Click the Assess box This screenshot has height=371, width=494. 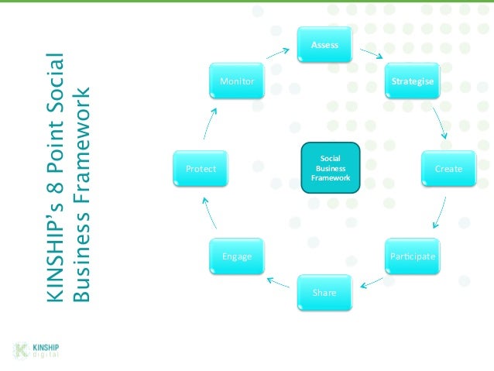[x=324, y=45]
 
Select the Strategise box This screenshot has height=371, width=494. [x=412, y=81]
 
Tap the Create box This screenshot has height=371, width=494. [x=448, y=168]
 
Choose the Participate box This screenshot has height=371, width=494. [x=412, y=256]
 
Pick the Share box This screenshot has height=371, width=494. [x=324, y=293]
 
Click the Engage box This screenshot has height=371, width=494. [x=237, y=256]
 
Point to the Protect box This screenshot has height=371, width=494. [x=201, y=168]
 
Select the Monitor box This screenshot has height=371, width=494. [x=237, y=81]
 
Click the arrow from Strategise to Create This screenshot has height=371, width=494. [x=440, y=124]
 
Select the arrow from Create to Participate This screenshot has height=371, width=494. [x=440, y=212]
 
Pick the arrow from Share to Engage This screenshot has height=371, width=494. [x=279, y=282]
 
